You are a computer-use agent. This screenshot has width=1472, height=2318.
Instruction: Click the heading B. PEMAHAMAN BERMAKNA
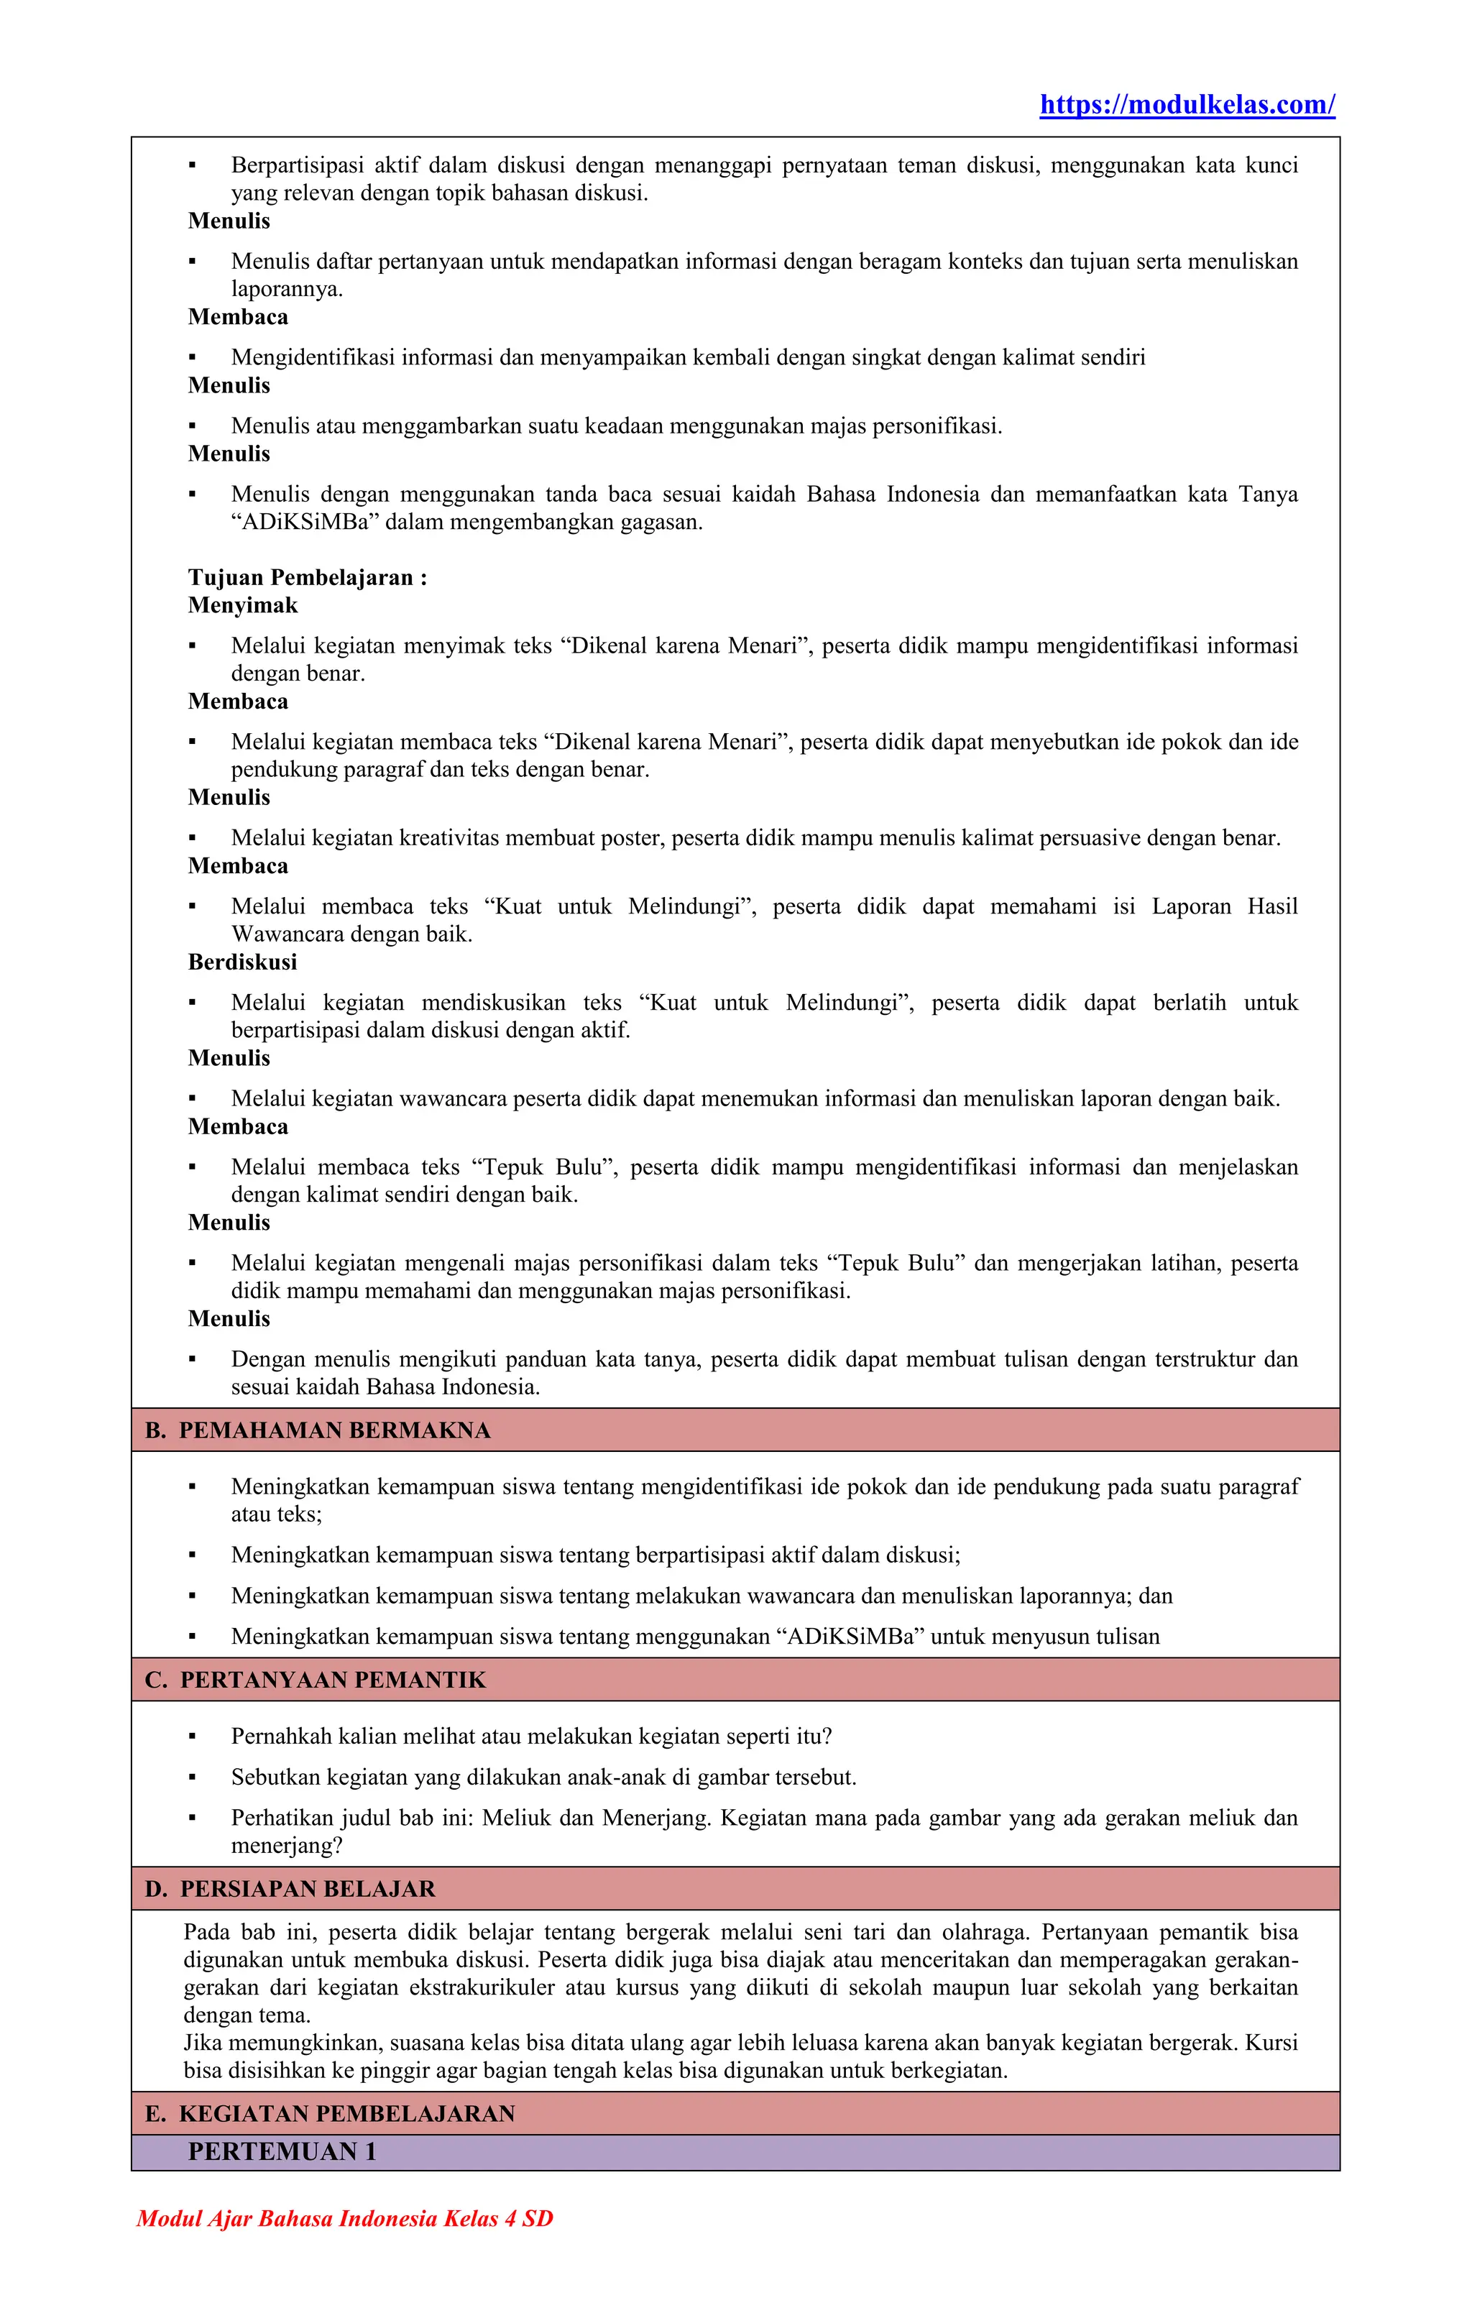(x=318, y=1430)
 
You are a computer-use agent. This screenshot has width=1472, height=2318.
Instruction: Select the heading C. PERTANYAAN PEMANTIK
(x=316, y=1680)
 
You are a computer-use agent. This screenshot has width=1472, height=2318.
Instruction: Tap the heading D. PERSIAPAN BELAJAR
(x=291, y=1889)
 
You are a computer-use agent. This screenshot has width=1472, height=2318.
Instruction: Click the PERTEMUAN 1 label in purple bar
(x=281, y=2151)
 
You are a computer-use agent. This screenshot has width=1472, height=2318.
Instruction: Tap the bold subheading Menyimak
(x=243, y=605)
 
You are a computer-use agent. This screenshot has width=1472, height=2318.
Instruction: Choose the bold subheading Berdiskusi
(x=243, y=962)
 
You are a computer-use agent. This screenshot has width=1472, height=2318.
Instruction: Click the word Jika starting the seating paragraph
(x=202, y=2043)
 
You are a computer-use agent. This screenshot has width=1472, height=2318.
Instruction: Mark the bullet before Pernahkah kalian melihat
(x=193, y=1737)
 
